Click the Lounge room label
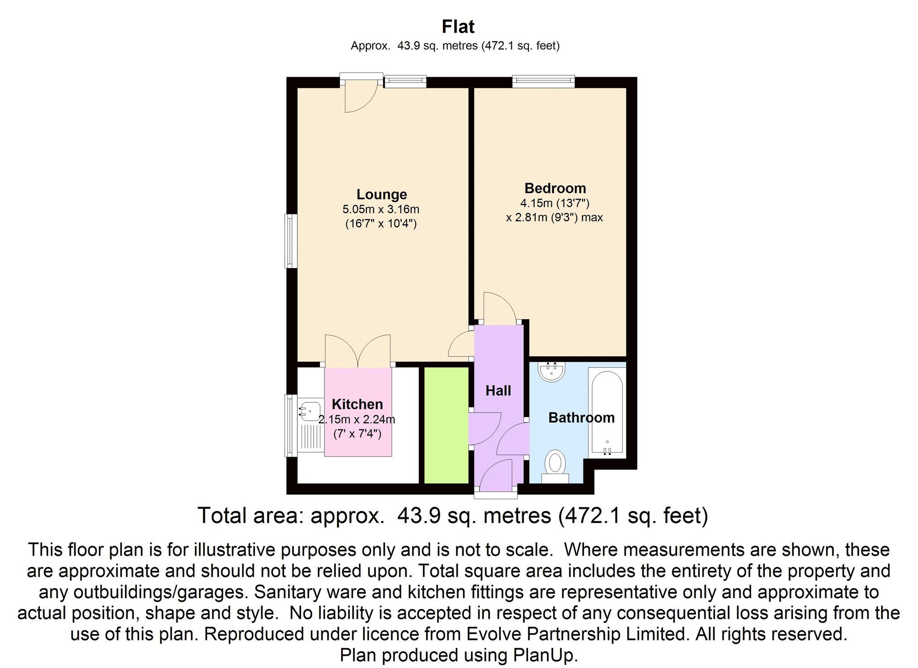(382, 194)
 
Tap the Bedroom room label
(555, 188)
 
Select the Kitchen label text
(357, 404)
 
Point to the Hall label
(498, 390)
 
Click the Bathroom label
(581, 417)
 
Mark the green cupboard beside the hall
(446, 425)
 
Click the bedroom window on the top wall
(544, 82)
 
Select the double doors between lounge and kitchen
(358, 350)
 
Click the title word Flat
(458, 27)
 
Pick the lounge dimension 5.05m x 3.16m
(381, 210)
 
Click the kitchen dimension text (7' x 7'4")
(357, 434)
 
